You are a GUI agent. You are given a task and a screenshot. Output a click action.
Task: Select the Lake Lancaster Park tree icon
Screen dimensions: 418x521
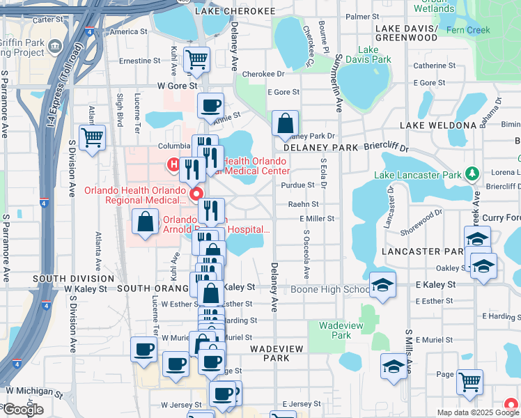472,173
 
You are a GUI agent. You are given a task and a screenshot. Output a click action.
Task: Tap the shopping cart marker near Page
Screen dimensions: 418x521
469,382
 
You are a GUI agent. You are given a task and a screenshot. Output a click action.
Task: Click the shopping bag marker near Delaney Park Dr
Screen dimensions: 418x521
284,123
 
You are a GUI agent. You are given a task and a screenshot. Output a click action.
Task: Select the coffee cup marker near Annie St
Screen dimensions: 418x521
210,107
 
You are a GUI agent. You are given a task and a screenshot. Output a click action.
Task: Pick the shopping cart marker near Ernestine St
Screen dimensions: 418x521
196,60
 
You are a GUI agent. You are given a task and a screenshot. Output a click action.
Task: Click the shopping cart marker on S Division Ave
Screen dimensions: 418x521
92,137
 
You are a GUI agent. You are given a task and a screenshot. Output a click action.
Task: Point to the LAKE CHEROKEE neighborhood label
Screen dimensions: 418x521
235,11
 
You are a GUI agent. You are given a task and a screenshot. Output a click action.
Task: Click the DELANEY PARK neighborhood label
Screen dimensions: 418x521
320,148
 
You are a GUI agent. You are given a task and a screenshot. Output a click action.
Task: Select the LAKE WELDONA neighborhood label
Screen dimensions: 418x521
438,125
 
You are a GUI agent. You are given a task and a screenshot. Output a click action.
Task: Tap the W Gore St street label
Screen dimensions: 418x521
174,85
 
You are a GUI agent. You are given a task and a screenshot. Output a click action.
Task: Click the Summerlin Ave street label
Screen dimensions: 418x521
339,84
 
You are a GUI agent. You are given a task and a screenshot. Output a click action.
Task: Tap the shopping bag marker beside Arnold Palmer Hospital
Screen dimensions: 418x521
145,223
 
